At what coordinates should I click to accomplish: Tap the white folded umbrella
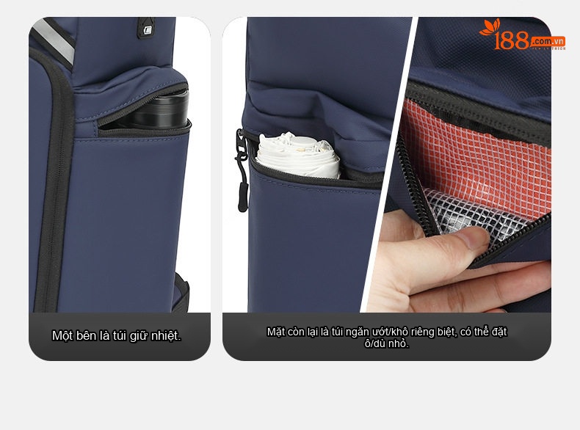(x=298, y=155)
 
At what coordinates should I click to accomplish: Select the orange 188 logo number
(x=512, y=40)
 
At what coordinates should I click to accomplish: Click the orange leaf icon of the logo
(x=490, y=27)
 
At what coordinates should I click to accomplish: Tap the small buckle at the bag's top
(x=147, y=29)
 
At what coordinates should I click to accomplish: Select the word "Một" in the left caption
(x=62, y=336)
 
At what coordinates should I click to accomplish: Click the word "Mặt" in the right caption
(x=276, y=332)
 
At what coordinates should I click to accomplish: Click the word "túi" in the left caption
(x=120, y=336)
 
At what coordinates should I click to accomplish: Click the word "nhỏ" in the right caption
(x=400, y=343)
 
